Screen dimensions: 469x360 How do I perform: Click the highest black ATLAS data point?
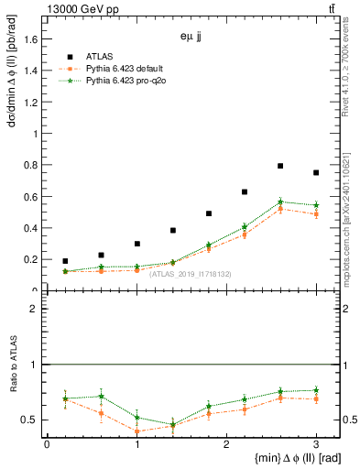(x=280, y=166)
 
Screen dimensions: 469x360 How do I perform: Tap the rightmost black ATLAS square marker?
(x=316, y=172)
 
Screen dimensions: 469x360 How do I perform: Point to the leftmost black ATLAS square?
(x=65, y=261)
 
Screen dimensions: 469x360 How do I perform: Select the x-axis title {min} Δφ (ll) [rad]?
(x=287, y=458)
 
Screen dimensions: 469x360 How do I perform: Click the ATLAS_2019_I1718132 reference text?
(x=191, y=274)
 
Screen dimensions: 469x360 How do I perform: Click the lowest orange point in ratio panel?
(x=136, y=431)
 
